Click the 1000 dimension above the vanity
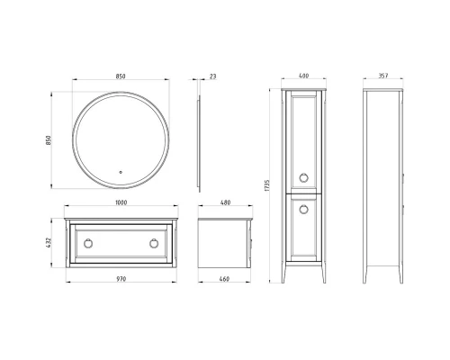click(x=120, y=202)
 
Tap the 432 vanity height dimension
click(x=50, y=241)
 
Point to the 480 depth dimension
click(x=226, y=202)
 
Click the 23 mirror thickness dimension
click(x=212, y=76)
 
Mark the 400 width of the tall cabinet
click(x=304, y=76)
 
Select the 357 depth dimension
click(x=382, y=76)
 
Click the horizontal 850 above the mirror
click(x=120, y=76)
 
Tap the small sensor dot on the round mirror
click(x=120, y=168)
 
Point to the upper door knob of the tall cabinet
click(x=302, y=175)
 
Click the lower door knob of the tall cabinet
click(x=302, y=209)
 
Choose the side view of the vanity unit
click(x=223, y=240)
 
